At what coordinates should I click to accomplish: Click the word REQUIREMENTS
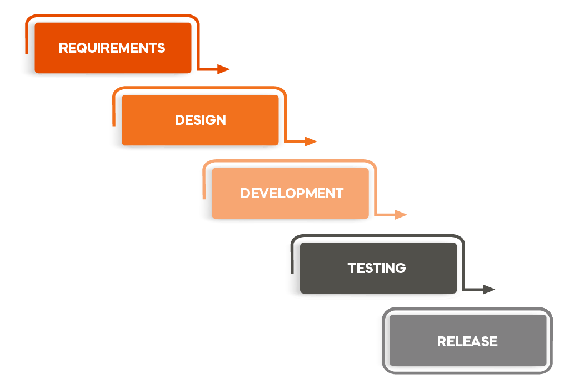(x=112, y=48)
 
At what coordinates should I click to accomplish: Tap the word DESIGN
(x=200, y=120)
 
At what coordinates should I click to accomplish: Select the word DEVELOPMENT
(x=292, y=193)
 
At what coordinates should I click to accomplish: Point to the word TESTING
(x=377, y=268)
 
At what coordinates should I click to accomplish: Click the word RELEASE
(x=467, y=341)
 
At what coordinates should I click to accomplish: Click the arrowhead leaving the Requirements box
(x=223, y=69)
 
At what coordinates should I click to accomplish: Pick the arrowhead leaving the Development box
(x=401, y=215)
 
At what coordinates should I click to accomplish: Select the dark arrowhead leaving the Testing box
(x=489, y=289)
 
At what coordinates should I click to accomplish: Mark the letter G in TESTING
(x=400, y=268)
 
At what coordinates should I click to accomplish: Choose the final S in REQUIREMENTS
(x=161, y=48)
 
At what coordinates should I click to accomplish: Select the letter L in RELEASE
(x=460, y=341)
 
